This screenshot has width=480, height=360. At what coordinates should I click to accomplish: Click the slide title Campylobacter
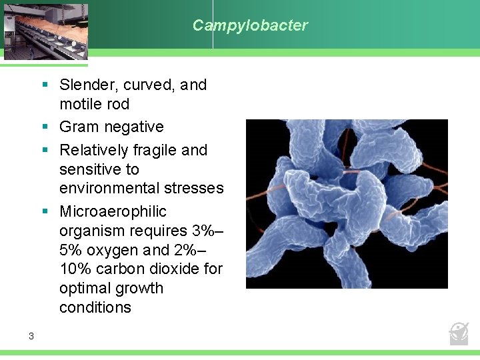coord(250,25)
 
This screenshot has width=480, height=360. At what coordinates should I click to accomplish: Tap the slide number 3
coord(31,336)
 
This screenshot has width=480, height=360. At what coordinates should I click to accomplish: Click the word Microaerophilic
coord(113,211)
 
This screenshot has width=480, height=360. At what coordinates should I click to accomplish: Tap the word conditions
coord(95,307)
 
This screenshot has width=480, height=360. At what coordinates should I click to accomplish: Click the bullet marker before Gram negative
coord(44,127)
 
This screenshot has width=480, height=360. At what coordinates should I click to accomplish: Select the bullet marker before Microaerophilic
coord(44,211)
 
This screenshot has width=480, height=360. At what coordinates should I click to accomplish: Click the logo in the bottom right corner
coord(459,332)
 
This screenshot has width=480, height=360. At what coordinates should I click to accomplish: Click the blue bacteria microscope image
coord(347,203)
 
